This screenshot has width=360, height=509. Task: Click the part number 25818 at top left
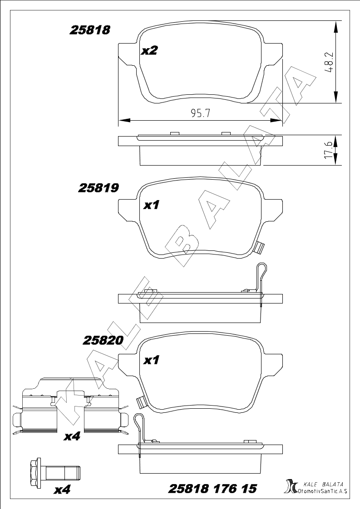(x=90, y=30)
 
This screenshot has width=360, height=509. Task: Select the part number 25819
(x=99, y=188)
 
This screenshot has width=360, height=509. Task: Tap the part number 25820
(x=104, y=340)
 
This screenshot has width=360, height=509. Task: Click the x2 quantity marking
(x=149, y=50)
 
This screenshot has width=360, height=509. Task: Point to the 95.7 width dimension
(x=201, y=113)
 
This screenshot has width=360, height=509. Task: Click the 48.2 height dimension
(x=330, y=62)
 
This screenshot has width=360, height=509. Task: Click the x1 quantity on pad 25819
(x=151, y=205)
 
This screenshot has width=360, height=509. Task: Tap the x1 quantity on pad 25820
(x=151, y=360)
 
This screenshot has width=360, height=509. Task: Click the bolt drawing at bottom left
(x=54, y=470)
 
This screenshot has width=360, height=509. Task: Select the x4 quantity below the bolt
(x=62, y=489)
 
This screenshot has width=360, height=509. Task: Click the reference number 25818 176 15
(x=212, y=489)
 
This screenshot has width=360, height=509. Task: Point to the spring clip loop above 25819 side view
(x=262, y=271)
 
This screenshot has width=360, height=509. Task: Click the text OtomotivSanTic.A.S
(x=323, y=491)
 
